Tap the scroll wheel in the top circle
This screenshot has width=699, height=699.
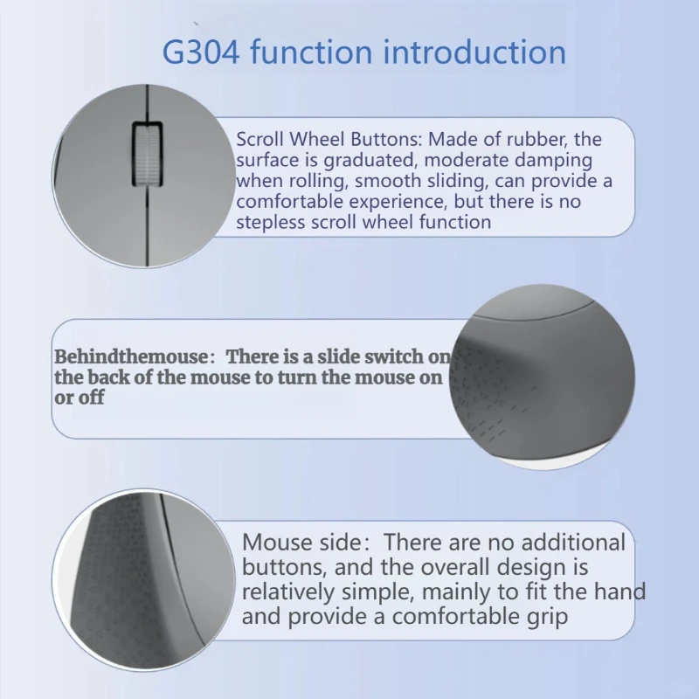point(146,154)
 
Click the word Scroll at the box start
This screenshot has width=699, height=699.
point(260,139)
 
